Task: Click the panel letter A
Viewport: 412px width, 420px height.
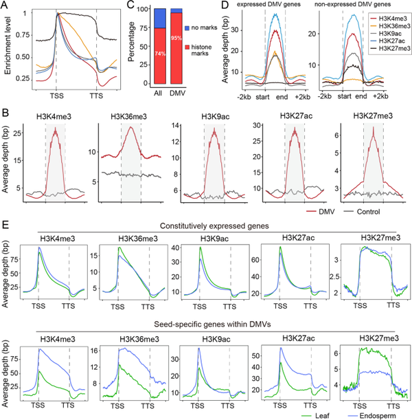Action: (x=6, y=6)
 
